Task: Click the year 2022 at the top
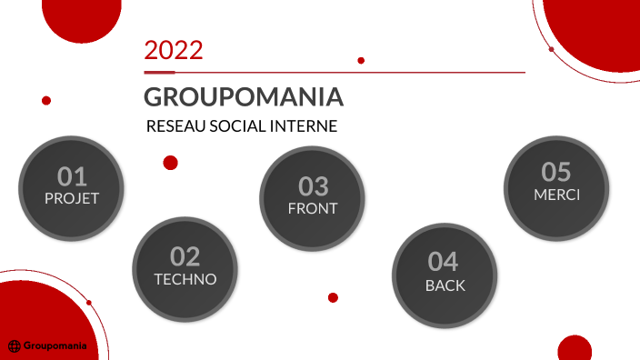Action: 173,50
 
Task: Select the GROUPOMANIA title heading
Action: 243,96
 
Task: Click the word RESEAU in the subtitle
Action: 175,126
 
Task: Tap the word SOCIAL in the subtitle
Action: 239,126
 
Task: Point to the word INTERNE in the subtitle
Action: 305,126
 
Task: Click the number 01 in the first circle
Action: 71,175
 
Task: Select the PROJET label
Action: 71,197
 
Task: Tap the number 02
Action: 185,257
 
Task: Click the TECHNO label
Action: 185,279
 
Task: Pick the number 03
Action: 313,186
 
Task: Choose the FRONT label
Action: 313,208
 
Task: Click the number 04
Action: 444,262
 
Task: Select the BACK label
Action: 445,285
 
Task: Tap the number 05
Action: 556,171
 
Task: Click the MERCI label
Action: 556,194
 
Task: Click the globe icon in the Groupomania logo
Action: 15,345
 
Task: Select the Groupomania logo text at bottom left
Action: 55,345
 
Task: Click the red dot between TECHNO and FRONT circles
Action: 170,163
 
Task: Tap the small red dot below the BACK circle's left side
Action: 333,297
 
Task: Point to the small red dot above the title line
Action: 361,60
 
